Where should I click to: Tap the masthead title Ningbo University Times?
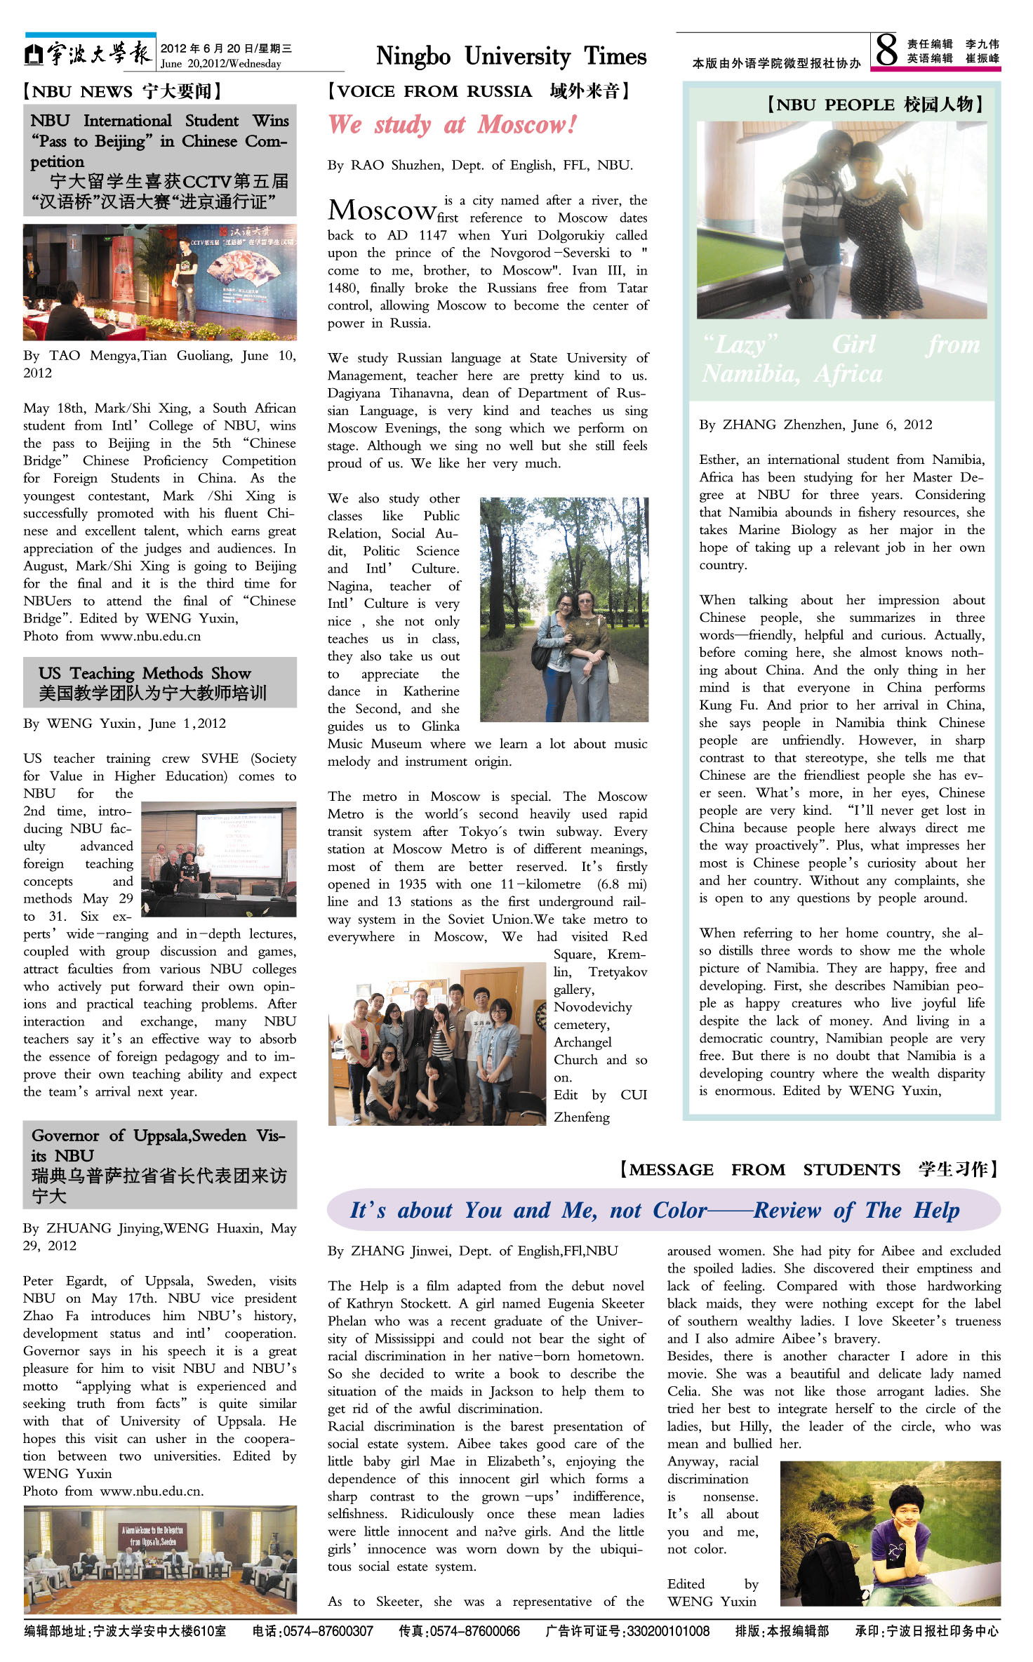pos(511,56)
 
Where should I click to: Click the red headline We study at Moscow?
pos(453,125)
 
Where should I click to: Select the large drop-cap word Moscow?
pos(382,210)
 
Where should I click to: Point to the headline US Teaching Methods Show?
pos(145,673)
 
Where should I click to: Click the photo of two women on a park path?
pos(564,609)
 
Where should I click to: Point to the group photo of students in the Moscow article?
pos(436,1043)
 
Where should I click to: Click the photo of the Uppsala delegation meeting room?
pos(160,1559)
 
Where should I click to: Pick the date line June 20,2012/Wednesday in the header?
pos(221,64)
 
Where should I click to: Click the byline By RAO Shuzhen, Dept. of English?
pos(480,166)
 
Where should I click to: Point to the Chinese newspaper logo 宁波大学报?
pos(90,53)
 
